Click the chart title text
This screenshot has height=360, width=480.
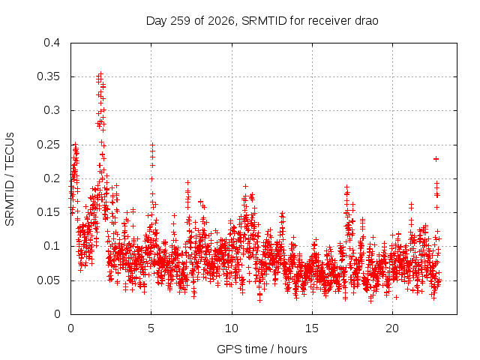tap(262, 21)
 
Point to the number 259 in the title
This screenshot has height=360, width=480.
tap(181, 21)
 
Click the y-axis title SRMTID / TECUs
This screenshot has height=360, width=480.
tap(10, 179)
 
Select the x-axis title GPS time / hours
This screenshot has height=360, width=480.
tap(262, 349)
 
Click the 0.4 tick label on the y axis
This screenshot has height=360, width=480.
tap(52, 43)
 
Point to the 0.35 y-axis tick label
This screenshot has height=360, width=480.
tap(48, 76)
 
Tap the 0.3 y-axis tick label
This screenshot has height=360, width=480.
tap(52, 110)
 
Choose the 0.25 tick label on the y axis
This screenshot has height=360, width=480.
tap(48, 145)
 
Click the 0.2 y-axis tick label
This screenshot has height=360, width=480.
tap(52, 178)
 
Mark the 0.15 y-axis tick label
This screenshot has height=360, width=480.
tap(48, 212)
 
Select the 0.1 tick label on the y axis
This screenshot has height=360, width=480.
tap(52, 246)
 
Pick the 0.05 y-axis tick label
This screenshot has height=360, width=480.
tap(48, 280)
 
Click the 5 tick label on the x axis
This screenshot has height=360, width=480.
tap(151, 328)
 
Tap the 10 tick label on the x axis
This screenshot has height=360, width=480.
tap(232, 328)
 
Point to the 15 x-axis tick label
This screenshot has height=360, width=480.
tap(312, 328)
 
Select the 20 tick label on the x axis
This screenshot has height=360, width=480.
tap(392, 328)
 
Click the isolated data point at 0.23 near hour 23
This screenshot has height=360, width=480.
tap(436, 159)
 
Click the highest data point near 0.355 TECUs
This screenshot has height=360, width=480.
tap(100, 74)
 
